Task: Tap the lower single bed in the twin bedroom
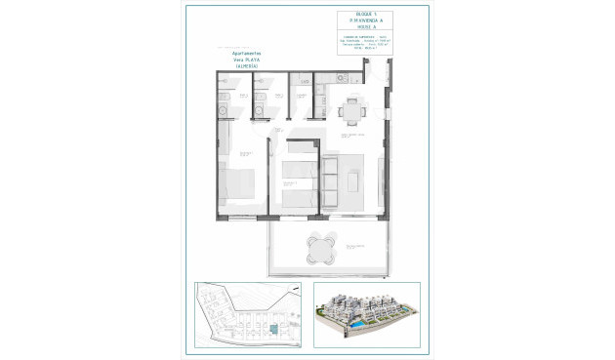[x=296, y=196]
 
